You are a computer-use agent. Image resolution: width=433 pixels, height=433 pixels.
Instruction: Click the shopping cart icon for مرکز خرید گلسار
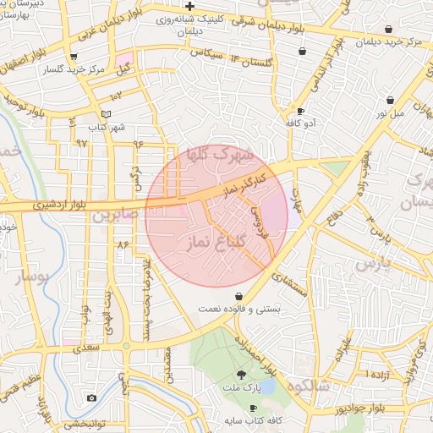coord(74,58)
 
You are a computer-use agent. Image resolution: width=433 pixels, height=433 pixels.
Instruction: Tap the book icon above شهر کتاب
coord(106,113)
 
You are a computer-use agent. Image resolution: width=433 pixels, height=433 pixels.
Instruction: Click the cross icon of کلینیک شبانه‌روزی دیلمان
coord(189,7)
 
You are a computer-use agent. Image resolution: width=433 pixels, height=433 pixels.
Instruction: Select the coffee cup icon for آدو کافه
coord(300,111)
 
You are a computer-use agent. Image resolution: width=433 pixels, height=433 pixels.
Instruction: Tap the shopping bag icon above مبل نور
coord(390,100)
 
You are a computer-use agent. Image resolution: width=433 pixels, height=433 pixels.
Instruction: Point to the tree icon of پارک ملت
coord(242,374)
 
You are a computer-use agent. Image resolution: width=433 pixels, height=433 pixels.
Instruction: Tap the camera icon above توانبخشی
coord(91,397)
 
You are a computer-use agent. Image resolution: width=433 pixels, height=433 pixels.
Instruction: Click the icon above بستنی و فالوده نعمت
coord(241,297)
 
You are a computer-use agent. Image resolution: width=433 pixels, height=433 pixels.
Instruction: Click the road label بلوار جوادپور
coord(339,408)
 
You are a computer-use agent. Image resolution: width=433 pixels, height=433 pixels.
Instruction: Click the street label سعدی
coord(86,347)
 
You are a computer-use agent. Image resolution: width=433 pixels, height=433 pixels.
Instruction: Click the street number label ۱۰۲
coord(115,96)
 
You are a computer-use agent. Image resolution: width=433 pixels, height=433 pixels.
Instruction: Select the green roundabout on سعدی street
coord(126,346)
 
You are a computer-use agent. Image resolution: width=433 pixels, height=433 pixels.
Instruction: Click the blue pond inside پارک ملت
coord(266,386)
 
